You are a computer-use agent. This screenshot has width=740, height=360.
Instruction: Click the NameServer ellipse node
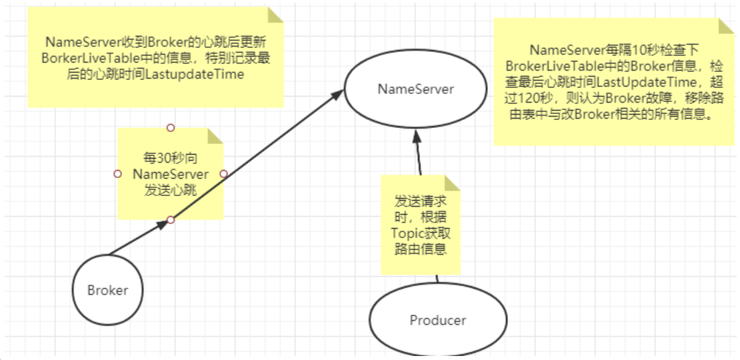pyautogui.click(x=416, y=89)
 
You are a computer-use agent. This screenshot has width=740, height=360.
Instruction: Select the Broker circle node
pyautogui.click(x=107, y=290)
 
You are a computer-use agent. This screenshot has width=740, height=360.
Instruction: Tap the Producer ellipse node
pyautogui.click(x=438, y=320)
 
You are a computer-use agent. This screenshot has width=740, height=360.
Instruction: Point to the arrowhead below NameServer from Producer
pyautogui.click(x=416, y=137)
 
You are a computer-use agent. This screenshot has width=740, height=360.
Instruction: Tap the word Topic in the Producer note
pyautogui.click(x=406, y=234)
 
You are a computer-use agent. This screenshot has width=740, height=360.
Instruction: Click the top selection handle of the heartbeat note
pyautogui.click(x=171, y=127)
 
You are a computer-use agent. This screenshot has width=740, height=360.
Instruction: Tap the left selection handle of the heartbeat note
pyautogui.click(x=118, y=173)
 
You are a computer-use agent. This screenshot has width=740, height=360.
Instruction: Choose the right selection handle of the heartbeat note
pyautogui.click(x=224, y=173)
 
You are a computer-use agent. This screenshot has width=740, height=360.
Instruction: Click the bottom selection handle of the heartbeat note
pyautogui.click(x=171, y=220)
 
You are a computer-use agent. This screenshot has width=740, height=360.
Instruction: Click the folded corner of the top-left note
pyautogui.click(x=275, y=15)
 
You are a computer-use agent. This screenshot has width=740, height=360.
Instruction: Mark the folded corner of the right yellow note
pyautogui.click(x=727, y=26)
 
